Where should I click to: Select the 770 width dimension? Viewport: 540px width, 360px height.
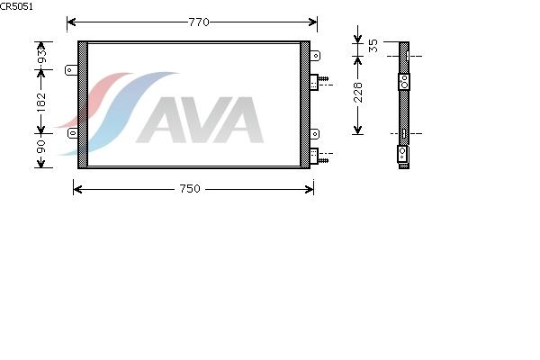click(x=192, y=21)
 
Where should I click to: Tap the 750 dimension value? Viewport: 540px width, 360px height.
click(x=190, y=189)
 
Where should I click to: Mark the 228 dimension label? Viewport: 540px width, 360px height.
click(x=359, y=92)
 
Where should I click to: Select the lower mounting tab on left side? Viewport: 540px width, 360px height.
click(x=72, y=134)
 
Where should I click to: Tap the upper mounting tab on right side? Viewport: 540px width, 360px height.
click(x=315, y=56)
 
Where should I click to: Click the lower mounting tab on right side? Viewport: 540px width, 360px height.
click(x=315, y=134)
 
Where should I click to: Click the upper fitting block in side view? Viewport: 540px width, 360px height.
click(x=404, y=81)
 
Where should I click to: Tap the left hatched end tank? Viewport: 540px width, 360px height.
click(x=82, y=103)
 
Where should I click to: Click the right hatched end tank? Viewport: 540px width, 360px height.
click(x=305, y=103)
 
